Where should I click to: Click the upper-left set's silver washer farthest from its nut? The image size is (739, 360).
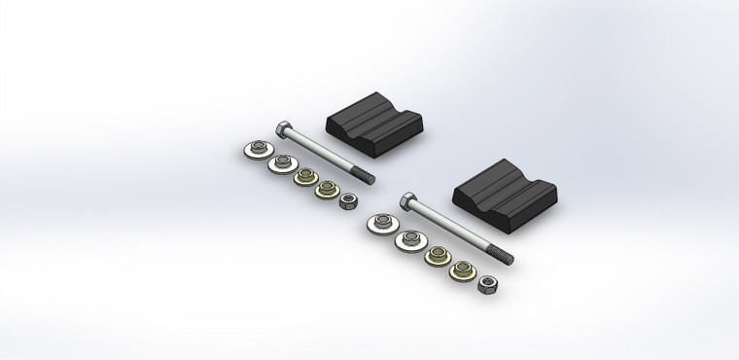point(256,150)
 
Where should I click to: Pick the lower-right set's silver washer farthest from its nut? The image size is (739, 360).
point(380,225)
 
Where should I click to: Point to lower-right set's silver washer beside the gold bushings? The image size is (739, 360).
point(408,239)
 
